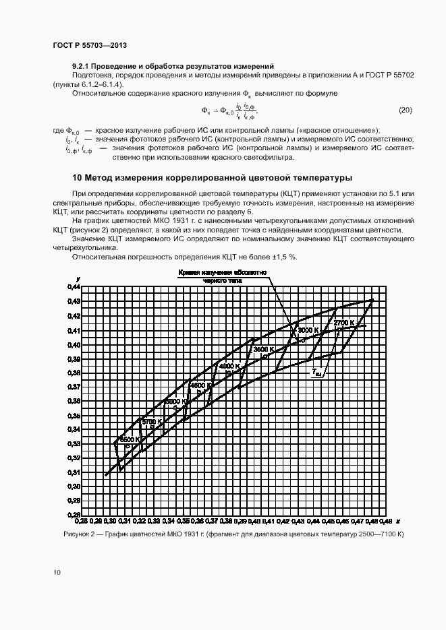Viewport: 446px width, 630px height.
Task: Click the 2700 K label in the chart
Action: (x=344, y=323)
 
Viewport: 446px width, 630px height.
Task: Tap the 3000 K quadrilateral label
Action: (x=308, y=330)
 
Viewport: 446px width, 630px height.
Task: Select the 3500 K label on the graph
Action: (x=262, y=350)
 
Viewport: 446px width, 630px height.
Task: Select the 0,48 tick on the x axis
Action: (x=386, y=522)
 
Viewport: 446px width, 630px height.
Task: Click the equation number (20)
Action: (x=406, y=110)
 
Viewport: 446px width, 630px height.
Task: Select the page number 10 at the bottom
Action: (x=57, y=573)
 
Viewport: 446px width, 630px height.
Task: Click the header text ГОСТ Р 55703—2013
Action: (x=90, y=46)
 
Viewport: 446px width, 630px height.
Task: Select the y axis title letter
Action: (x=78, y=278)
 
